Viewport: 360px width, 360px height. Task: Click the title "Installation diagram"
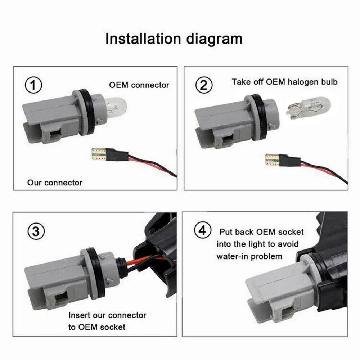[x=174, y=39]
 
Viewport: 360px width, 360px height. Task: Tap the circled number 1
[x=33, y=86]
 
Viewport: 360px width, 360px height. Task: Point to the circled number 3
[x=36, y=231]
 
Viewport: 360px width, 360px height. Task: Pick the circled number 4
[x=201, y=230]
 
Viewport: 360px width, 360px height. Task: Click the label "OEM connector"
[x=139, y=85]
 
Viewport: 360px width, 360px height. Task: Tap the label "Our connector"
[x=55, y=183]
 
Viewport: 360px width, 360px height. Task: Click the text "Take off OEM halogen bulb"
[x=284, y=82]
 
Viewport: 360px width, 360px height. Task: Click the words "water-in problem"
[x=249, y=256]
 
